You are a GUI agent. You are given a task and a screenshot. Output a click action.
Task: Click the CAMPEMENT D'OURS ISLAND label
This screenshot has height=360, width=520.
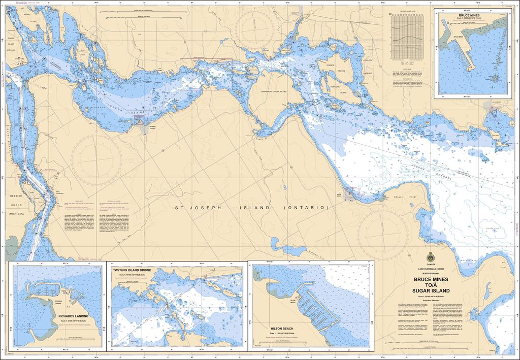click(274, 91)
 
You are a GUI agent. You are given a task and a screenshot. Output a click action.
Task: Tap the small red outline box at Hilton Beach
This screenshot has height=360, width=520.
click(352, 192)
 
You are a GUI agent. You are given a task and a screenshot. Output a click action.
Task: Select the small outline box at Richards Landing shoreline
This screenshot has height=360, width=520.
click(138, 120)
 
